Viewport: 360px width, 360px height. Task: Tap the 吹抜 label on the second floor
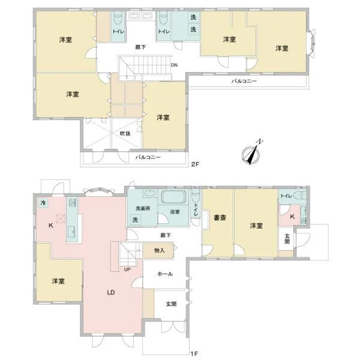(125, 133)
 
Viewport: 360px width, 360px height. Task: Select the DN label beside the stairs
(174, 65)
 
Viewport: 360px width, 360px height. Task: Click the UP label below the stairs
(127, 269)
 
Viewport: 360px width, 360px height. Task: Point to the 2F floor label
(195, 164)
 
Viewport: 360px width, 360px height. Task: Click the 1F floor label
(194, 353)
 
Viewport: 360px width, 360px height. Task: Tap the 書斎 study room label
(220, 217)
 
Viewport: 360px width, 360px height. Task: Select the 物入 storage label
(160, 250)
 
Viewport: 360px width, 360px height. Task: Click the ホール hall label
(165, 274)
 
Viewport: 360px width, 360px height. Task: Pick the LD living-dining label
(111, 293)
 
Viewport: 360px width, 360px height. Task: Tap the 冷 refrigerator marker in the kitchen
(43, 203)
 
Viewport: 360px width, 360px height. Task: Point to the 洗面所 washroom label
(143, 208)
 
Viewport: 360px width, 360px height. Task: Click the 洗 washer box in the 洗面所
(135, 220)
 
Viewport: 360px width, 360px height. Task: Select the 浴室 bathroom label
(175, 212)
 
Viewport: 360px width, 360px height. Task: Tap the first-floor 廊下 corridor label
(166, 235)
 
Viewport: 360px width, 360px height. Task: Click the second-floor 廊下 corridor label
(140, 47)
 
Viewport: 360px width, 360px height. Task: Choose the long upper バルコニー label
(244, 81)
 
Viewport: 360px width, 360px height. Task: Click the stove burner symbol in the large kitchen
(61, 218)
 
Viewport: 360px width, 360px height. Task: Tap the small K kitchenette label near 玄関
(292, 217)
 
